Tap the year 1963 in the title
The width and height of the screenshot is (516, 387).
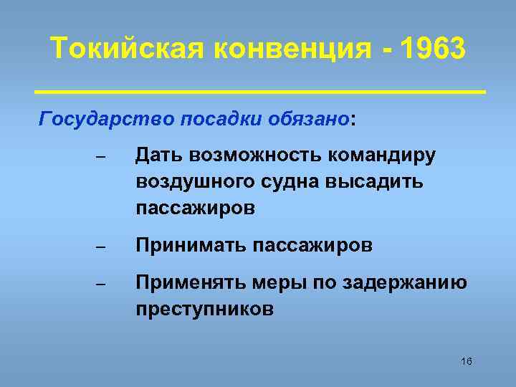(x=433, y=50)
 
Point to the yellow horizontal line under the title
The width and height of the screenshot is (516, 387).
(x=260, y=92)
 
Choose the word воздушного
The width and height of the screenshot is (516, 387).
(x=193, y=182)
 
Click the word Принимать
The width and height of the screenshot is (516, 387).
(x=190, y=246)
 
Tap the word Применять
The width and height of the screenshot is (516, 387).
(x=191, y=283)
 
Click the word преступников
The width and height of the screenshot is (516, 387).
(x=204, y=310)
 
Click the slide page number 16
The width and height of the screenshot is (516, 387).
(x=467, y=361)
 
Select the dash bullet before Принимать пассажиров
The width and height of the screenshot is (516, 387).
(x=100, y=248)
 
